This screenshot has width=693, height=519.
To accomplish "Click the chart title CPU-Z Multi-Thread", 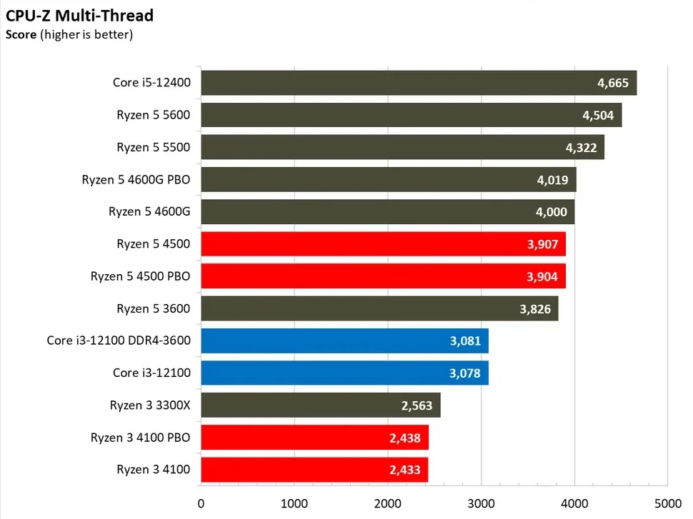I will (79, 16).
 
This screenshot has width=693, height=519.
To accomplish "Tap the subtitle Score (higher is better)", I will (69, 34).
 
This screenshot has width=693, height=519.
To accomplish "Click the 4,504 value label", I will (598, 115).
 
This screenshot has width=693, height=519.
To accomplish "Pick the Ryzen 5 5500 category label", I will (154, 147).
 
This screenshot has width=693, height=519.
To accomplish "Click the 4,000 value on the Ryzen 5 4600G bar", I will (552, 211).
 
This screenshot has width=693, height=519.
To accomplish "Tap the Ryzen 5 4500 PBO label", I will (141, 276).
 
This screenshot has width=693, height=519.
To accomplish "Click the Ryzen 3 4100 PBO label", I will (141, 437).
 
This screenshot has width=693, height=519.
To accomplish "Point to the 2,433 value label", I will (406, 470).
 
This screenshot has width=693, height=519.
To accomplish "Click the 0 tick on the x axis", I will (201, 503).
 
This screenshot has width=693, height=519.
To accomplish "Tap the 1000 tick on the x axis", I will (294, 503).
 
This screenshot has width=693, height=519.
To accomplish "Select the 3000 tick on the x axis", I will (481, 503).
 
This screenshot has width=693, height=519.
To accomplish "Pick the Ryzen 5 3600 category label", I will (154, 308).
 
